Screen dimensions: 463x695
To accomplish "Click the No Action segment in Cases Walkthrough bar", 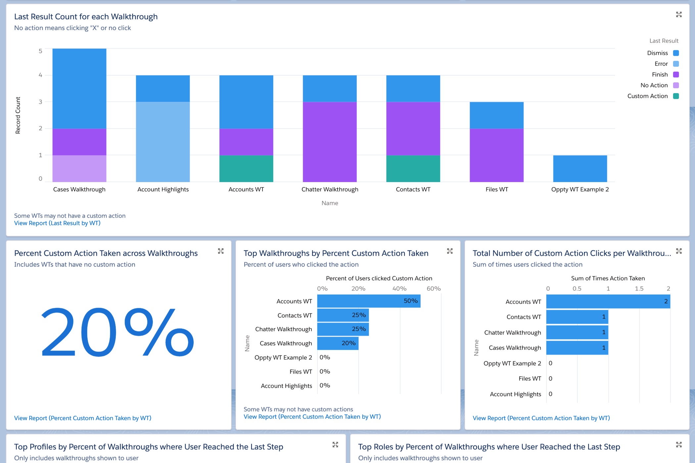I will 79,168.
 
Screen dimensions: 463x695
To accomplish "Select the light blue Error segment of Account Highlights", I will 162,142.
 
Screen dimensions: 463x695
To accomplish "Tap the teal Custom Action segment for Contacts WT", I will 413,168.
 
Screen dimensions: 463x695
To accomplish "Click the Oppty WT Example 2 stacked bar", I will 580,168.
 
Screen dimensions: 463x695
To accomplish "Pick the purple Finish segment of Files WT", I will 496,155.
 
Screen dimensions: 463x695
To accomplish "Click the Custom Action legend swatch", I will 676,96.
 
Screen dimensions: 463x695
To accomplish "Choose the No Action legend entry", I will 654,85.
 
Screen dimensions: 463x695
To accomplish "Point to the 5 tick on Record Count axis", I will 40,51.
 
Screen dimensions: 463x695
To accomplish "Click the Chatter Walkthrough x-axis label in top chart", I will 330,189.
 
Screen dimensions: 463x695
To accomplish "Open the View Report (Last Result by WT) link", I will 57,223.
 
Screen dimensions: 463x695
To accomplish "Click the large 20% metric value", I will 117,332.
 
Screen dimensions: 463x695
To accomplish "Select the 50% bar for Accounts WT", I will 369,301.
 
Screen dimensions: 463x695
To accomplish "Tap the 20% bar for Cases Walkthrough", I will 338,343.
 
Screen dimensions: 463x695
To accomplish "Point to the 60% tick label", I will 434,289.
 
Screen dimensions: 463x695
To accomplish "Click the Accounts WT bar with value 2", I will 608,301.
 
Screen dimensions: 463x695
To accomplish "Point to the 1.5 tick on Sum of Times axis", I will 639,289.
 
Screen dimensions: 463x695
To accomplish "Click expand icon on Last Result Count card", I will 679,15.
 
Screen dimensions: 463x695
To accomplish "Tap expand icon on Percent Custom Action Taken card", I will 221,251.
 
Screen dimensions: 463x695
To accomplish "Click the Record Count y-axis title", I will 18,115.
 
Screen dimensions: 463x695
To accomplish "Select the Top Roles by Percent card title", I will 489,447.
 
